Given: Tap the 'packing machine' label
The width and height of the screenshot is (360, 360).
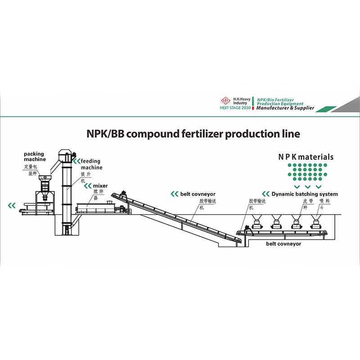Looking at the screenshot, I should click(x=35, y=157).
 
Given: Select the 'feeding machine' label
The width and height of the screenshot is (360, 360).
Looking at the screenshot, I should click(x=91, y=164).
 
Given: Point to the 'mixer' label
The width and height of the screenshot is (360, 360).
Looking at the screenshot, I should click(x=100, y=185).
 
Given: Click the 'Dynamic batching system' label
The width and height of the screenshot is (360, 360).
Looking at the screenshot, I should click(x=305, y=194).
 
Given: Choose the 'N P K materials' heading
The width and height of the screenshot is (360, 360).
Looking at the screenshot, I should click(x=306, y=157).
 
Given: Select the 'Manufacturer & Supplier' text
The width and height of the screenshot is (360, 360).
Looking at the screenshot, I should click(x=285, y=108).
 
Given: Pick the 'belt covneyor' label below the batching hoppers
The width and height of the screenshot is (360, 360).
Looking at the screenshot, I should click(x=283, y=244).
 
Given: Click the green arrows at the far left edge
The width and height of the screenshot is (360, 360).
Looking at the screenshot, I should click(x=11, y=206).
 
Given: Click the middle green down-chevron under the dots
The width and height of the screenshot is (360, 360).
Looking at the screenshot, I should click(x=307, y=186).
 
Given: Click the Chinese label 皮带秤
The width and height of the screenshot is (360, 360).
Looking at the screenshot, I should click(x=308, y=204).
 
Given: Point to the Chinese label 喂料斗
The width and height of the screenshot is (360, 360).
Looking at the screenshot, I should click(x=324, y=204).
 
